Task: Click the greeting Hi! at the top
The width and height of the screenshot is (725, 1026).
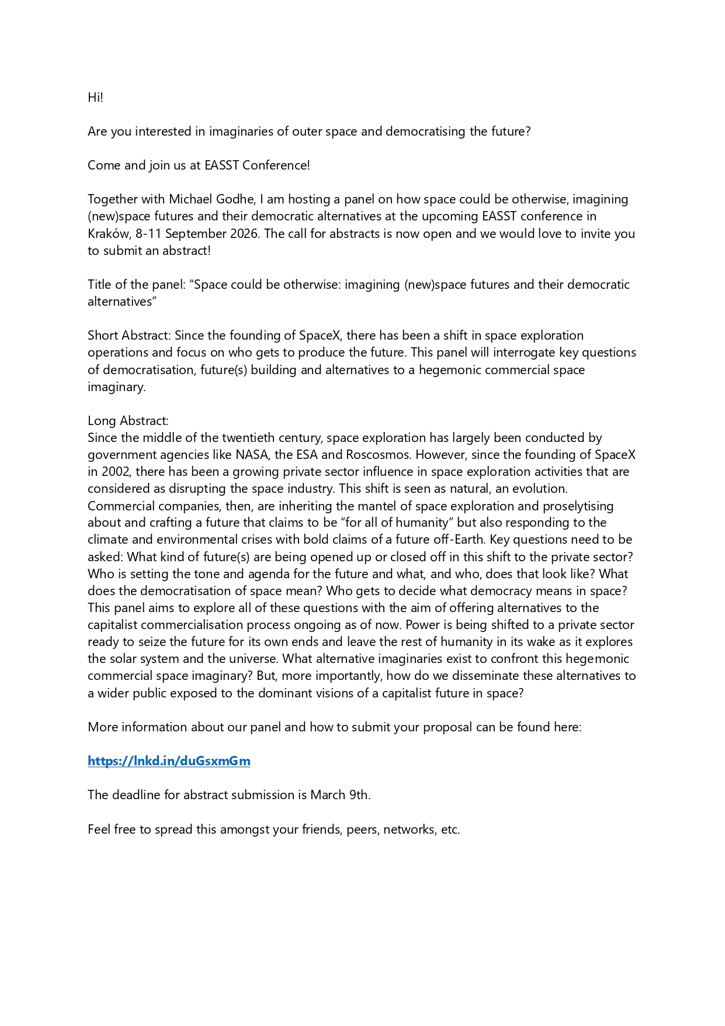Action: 95,98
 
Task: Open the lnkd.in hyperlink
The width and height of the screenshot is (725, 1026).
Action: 169,761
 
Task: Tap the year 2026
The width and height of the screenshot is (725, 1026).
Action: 244,234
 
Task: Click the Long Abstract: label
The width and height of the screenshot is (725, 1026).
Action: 128,421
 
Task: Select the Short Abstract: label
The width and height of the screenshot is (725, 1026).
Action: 130,336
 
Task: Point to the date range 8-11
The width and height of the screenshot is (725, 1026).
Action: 148,234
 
